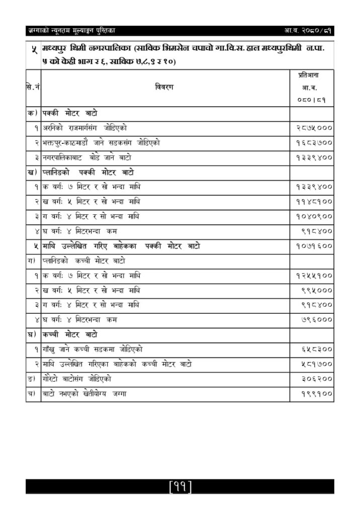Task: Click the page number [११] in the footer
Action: [x=180, y=486]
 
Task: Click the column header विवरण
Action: [x=164, y=88]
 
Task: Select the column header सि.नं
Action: [x=33, y=88]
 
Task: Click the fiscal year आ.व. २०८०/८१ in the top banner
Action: [x=308, y=31]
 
